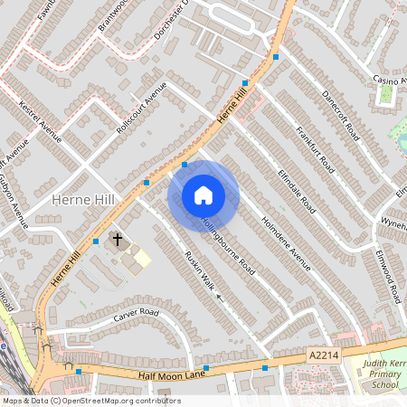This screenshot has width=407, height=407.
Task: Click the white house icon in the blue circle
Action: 203,195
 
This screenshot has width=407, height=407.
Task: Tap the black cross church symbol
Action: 118,240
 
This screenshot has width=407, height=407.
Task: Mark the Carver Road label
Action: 136,316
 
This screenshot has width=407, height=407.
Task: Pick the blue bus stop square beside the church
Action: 96,241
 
